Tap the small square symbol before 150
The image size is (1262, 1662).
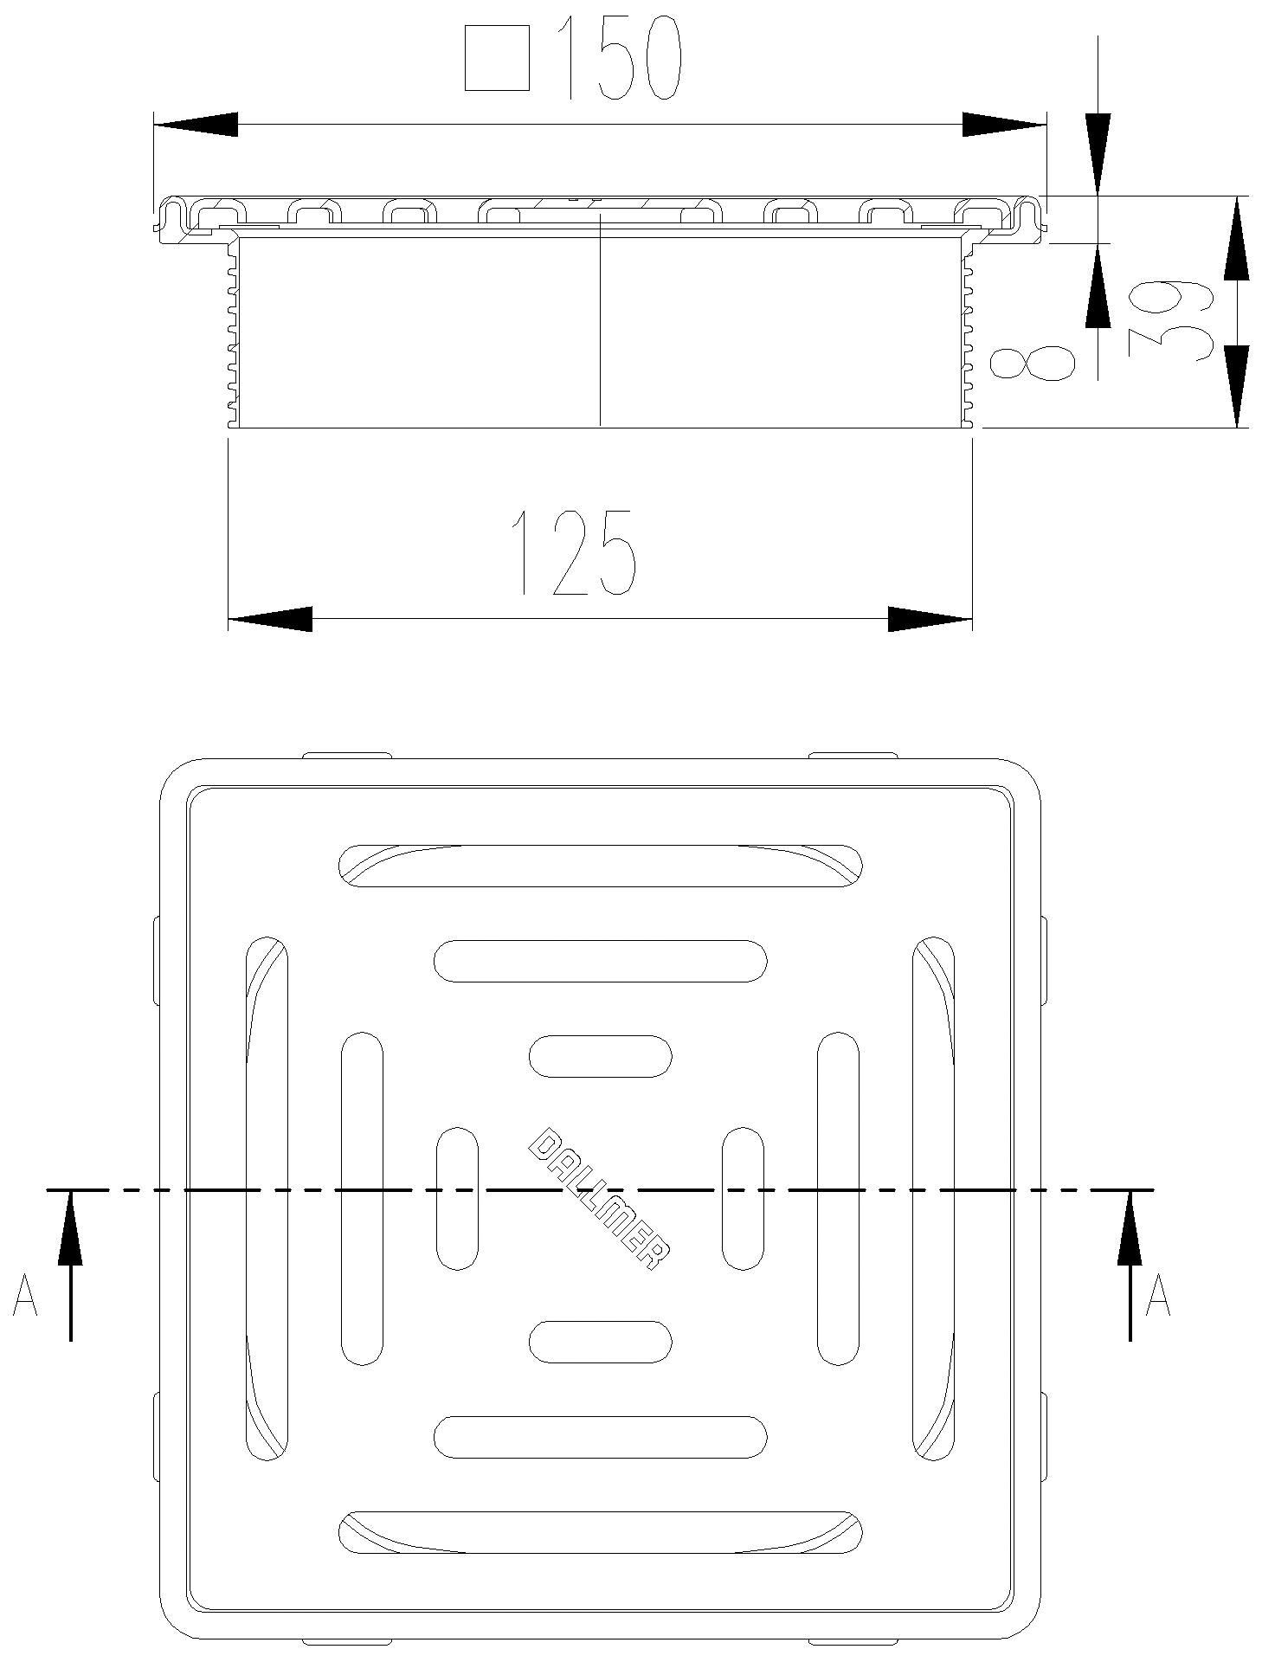click(x=496, y=58)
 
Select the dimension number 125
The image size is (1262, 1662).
click(x=573, y=552)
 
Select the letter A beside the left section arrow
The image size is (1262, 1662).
click(x=25, y=1295)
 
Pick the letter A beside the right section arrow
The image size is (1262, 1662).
click(x=1157, y=1295)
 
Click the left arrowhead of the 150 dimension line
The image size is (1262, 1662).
click(x=196, y=124)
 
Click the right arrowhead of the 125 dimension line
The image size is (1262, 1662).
click(x=930, y=619)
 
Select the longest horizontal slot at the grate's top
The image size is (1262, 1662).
click(x=599, y=866)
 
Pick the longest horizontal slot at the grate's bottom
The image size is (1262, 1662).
click(x=599, y=1532)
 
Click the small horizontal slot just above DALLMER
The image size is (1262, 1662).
click(x=600, y=1056)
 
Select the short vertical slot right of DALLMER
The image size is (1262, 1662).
click(x=743, y=1198)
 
